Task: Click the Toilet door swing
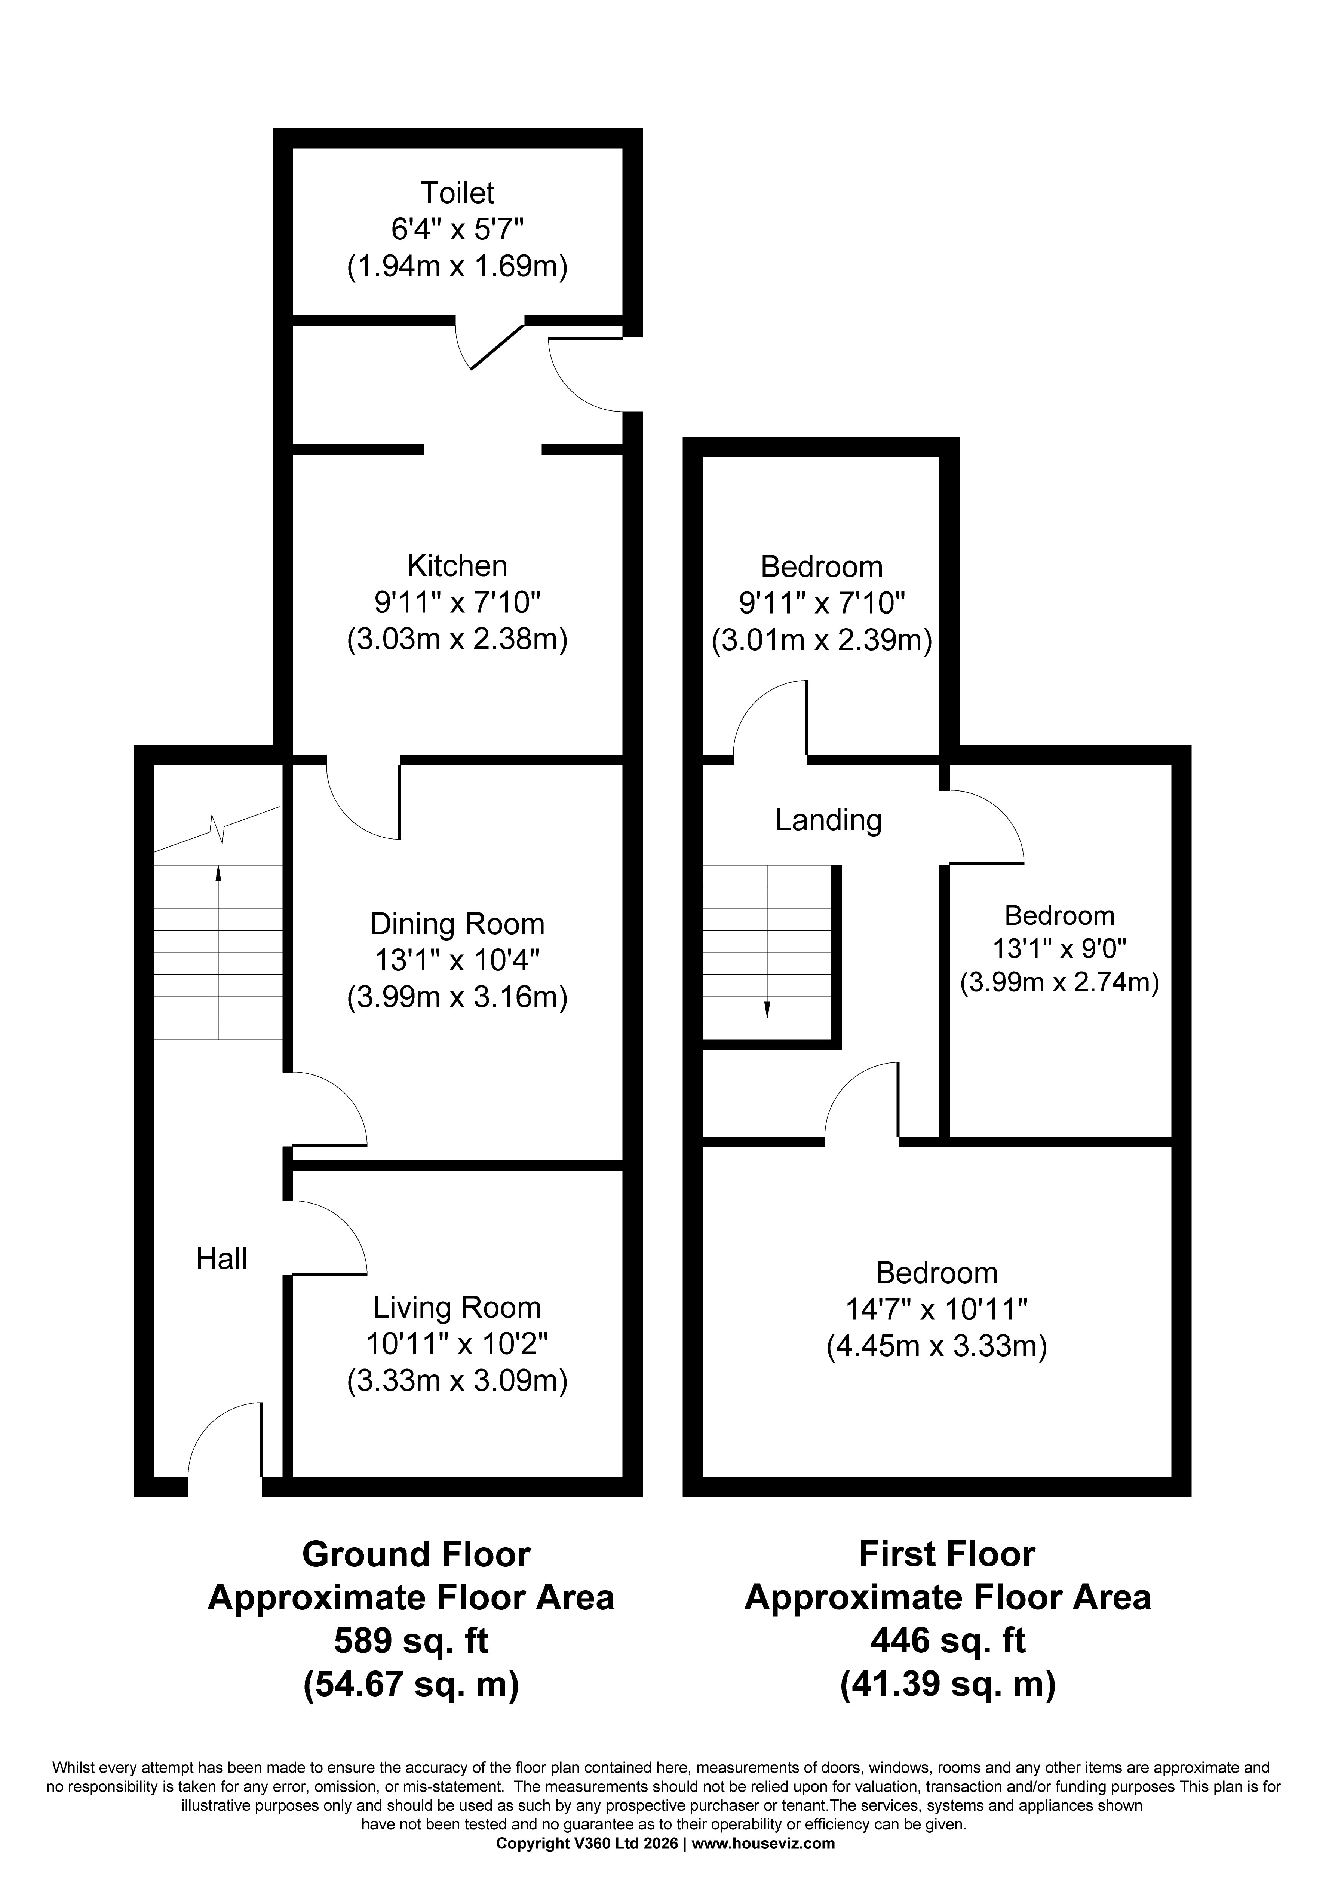pyautogui.click(x=491, y=346)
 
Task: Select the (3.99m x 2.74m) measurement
pyautogui.click(x=1059, y=982)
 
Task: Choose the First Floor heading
pyautogui.click(x=946, y=1554)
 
